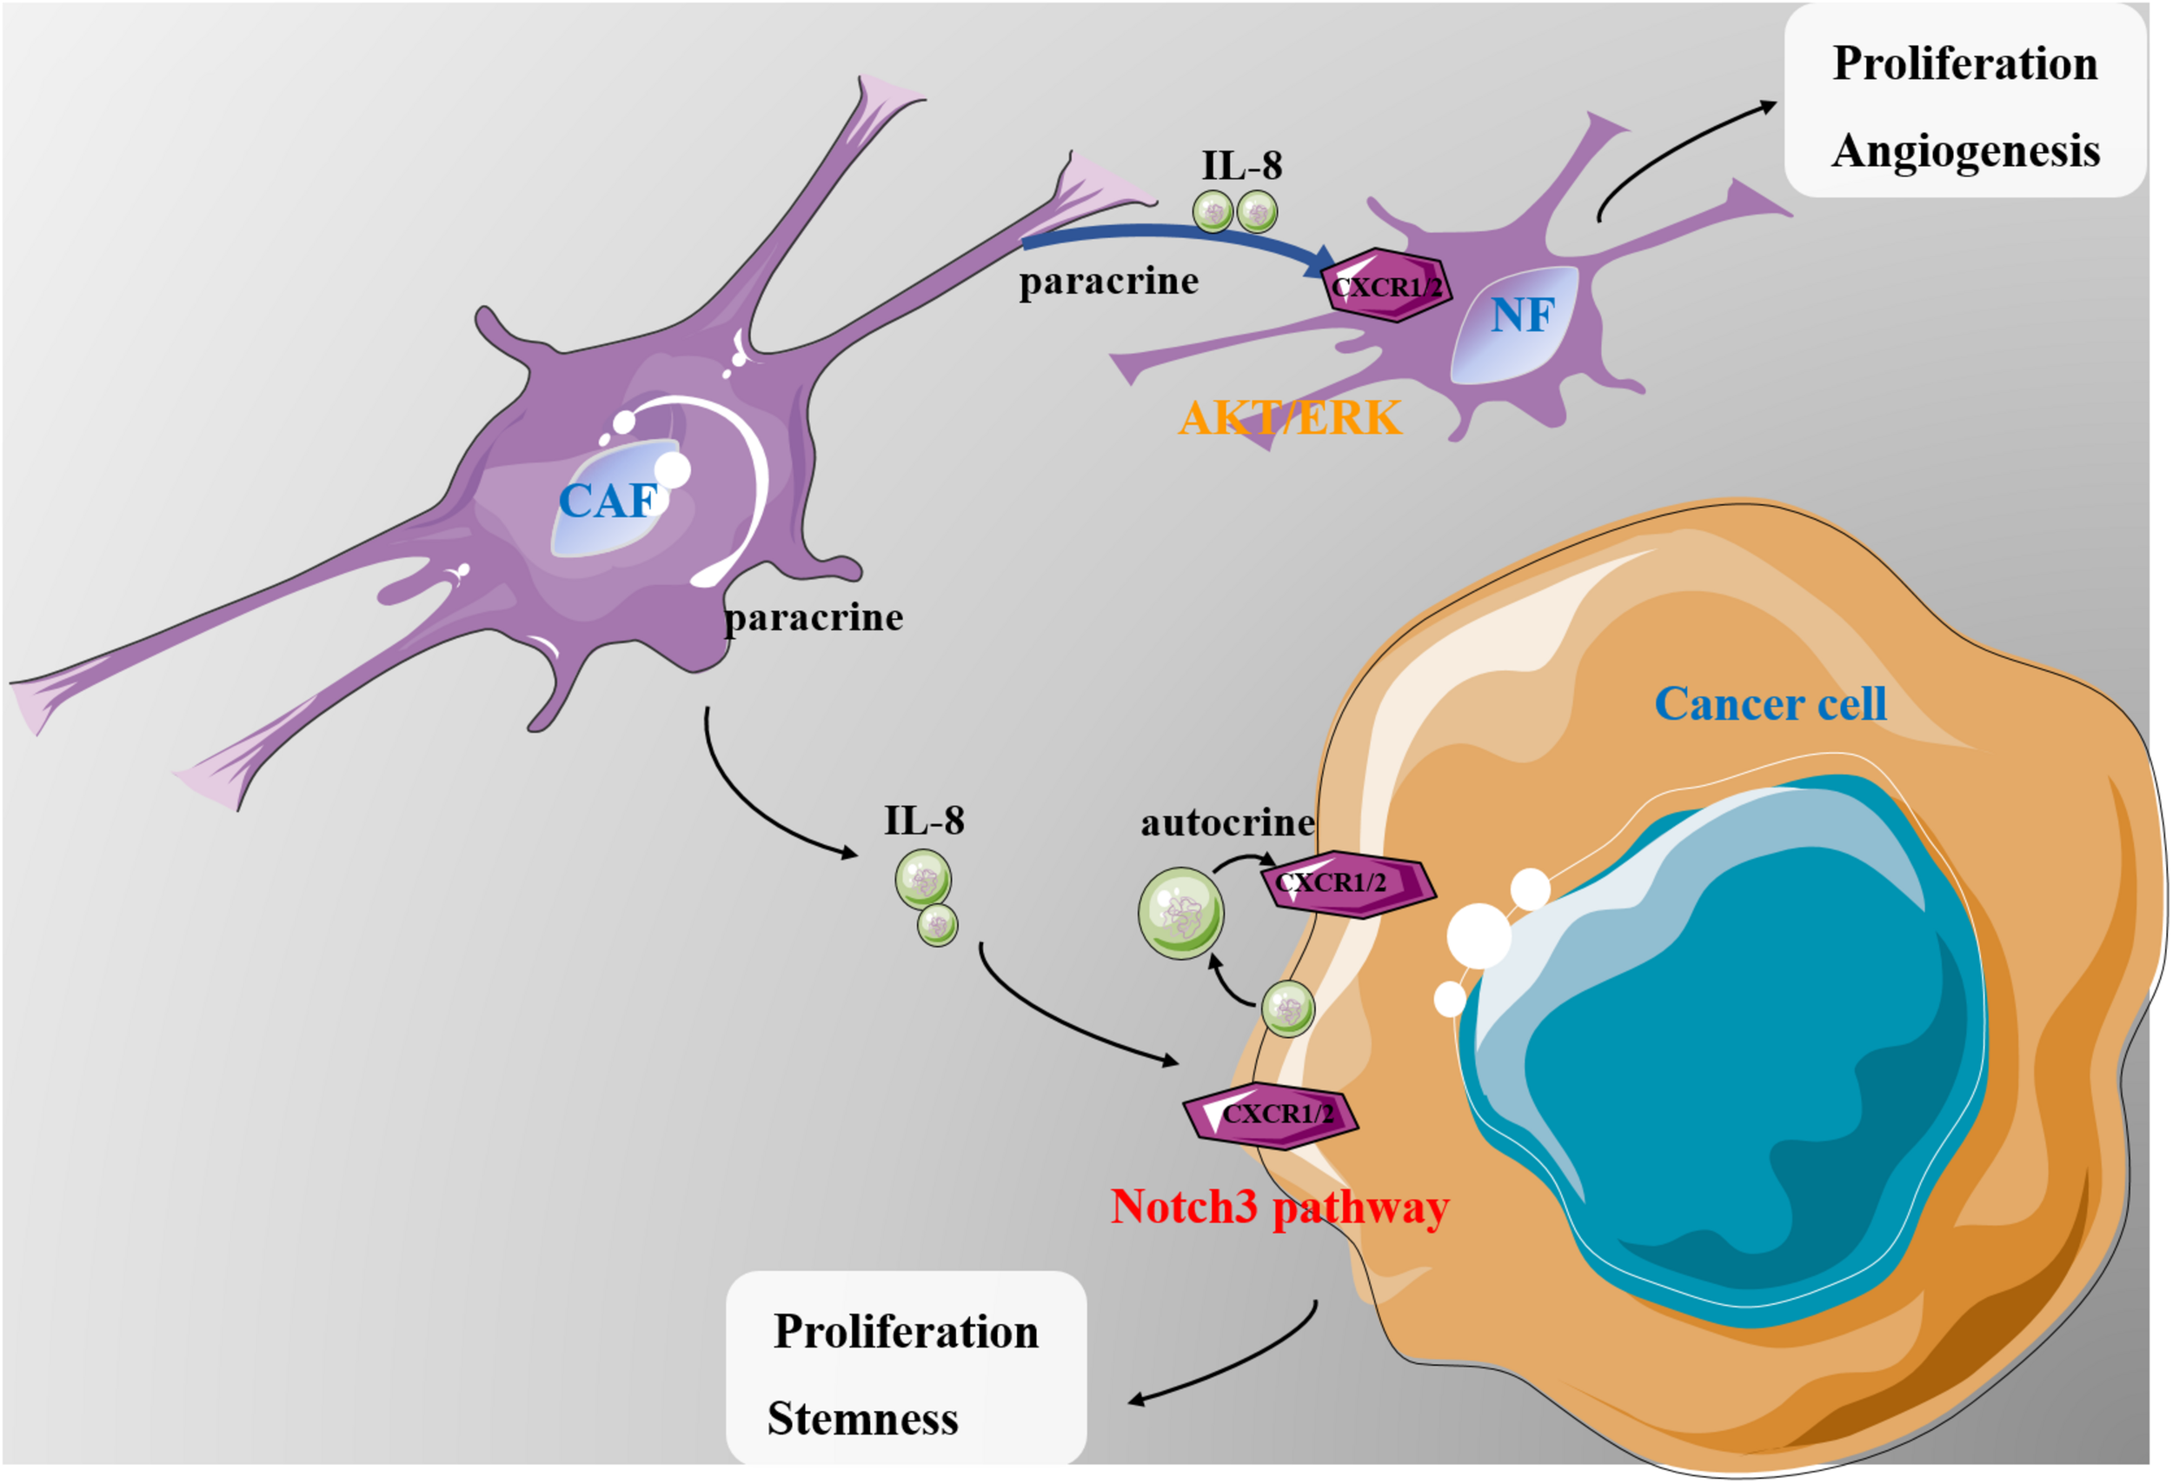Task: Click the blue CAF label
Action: tap(608, 502)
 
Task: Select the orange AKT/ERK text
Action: tap(1291, 417)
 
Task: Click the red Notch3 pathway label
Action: tap(1279, 1207)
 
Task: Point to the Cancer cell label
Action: tap(1770, 703)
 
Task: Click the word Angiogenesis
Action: tap(1965, 150)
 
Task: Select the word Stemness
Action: tap(862, 1419)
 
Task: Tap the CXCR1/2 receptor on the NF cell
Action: tap(1386, 286)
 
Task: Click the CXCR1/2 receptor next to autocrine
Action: tap(1346, 882)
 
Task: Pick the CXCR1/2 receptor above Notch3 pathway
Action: tap(1270, 1115)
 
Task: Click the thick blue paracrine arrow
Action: tap(1169, 236)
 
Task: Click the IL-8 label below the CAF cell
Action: tap(924, 820)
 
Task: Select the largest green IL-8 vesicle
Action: tap(1180, 913)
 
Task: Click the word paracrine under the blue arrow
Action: tap(1108, 281)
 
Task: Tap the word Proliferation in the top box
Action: tap(1964, 63)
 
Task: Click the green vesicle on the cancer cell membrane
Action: tap(1287, 1009)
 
